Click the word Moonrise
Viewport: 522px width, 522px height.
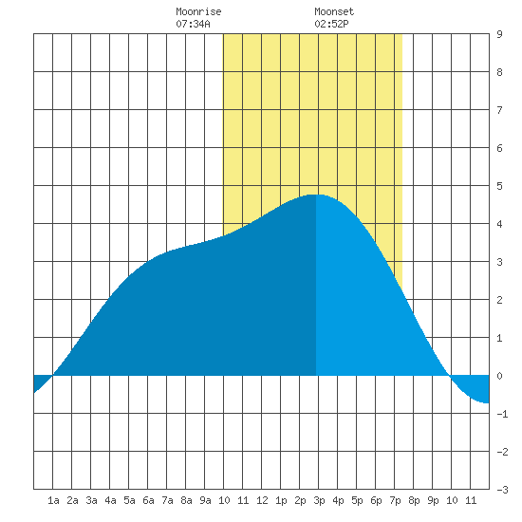point(198,11)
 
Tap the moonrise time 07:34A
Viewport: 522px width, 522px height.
point(193,24)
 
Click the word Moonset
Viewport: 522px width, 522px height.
point(334,11)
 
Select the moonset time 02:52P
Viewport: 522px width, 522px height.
point(331,24)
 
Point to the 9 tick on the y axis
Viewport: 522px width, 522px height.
point(499,34)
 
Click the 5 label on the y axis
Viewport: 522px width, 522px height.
point(499,186)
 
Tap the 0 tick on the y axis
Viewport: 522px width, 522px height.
point(499,376)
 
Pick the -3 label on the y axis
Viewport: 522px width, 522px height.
point(502,490)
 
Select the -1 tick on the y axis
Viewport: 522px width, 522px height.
point(502,414)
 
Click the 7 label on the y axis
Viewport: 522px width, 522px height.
point(499,110)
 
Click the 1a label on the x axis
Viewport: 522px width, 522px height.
point(53,500)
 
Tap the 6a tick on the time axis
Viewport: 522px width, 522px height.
point(148,500)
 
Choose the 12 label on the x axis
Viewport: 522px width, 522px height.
point(262,500)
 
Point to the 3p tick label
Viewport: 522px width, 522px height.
point(319,500)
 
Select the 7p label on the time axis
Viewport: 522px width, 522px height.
point(395,500)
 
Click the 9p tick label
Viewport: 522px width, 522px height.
point(433,500)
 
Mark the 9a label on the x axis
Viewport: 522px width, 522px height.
point(205,500)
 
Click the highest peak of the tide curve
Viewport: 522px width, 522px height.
point(316,195)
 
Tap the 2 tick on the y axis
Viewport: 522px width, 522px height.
point(499,300)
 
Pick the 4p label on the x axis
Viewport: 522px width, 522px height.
point(338,500)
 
